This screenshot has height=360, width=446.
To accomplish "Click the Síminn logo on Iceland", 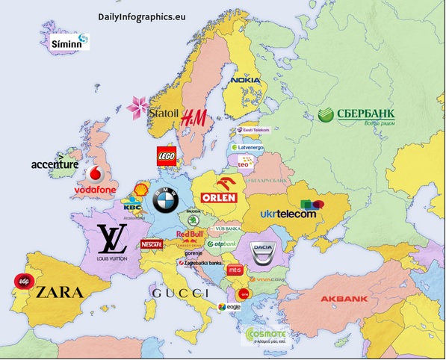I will (69, 43).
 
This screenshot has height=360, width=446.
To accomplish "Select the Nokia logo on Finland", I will (245, 80).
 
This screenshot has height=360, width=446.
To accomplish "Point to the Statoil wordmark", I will (164, 114).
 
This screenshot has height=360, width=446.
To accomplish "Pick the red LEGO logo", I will (167, 156).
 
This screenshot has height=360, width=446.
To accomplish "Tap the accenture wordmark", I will (55, 164).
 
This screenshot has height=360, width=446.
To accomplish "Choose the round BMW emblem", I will (164, 201).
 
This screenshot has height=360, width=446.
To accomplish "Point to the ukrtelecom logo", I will (288, 214).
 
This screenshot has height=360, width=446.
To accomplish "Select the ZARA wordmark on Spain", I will (59, 291).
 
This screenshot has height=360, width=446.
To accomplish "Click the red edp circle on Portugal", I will (22, 282).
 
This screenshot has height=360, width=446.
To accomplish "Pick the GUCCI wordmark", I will (181, 294).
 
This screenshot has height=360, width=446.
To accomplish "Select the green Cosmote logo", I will (263, 335).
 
